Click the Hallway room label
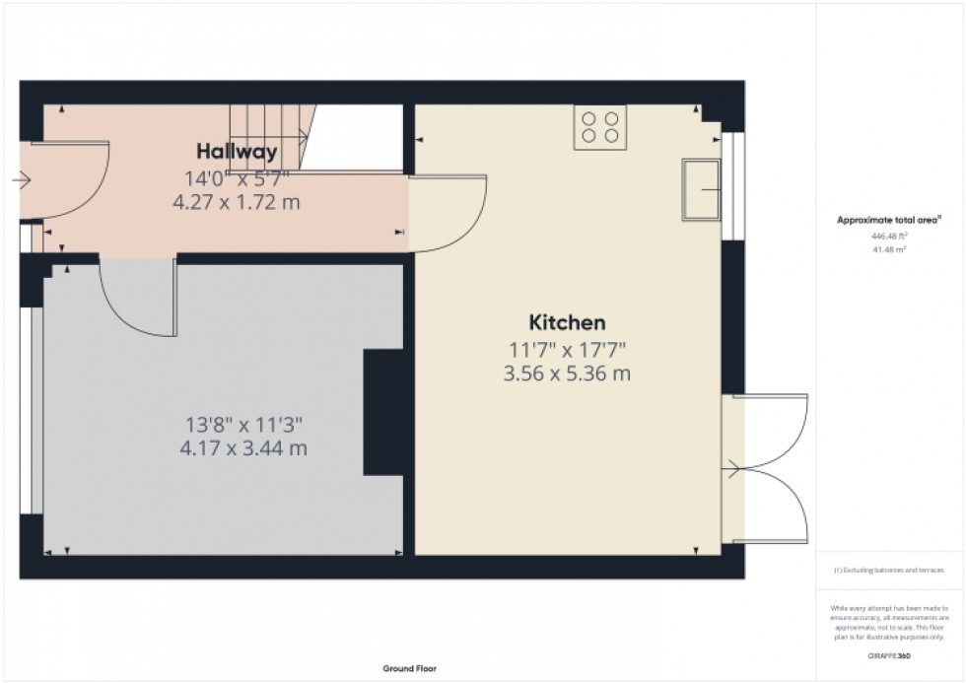[x=236, y=152]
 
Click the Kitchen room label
[x=567, y=322]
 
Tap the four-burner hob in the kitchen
[x=600, y=127]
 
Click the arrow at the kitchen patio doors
[x=732, y=470]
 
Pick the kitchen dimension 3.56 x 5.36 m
[x=567, y=375]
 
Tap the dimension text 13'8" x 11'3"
[x=243, y=426]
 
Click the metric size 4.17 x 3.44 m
[x=243, y=450]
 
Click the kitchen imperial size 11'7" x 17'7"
[x=567, y=349]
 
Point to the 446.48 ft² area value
[x=888, y=237]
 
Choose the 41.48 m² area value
[x=888, y=250]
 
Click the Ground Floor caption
[x=410, y=669]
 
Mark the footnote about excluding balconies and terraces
[x=888, y=571]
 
